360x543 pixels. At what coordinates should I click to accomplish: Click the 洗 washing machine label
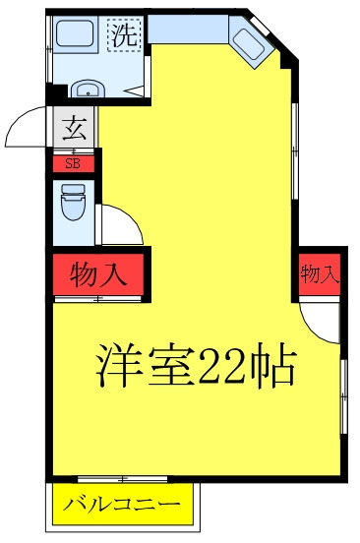(124, 36)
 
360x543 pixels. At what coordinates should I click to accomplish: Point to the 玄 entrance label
(74, 126)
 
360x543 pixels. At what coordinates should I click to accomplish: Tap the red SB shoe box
(73, 163)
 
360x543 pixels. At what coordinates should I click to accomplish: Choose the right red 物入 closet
(319, 274)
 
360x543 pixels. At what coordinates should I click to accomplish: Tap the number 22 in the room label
(227, 366)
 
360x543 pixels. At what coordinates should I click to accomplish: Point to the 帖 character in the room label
(274, 366)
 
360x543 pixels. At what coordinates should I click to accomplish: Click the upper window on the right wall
(295, 138)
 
